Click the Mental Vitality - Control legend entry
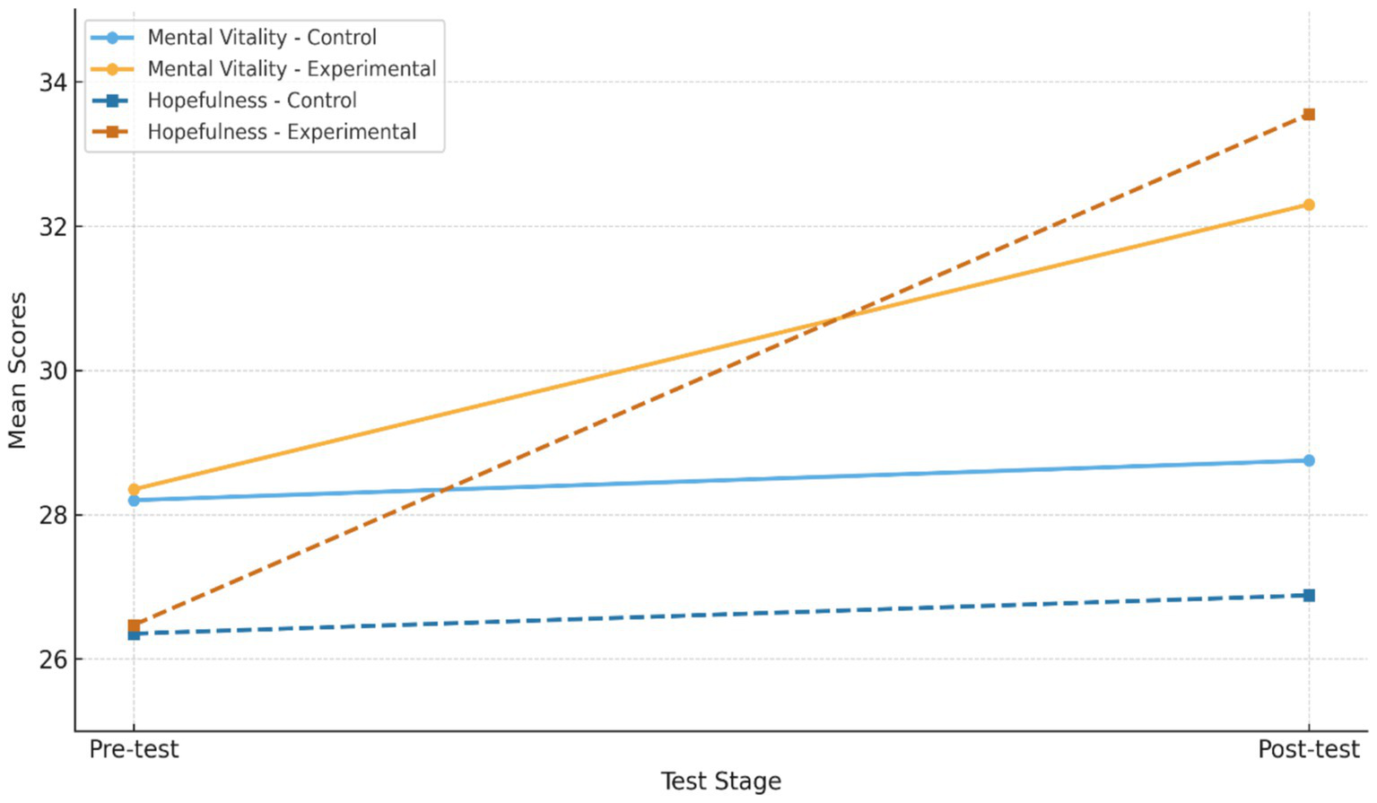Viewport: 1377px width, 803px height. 261,38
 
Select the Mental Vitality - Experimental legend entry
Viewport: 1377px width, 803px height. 291,69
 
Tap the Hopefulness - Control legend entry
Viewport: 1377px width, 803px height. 251,100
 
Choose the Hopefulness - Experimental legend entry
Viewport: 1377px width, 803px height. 281,132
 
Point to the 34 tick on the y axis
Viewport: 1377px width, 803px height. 53,83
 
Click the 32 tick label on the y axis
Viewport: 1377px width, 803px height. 53,227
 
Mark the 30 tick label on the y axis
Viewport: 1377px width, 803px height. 53,371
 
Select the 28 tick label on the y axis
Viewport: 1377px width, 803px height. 53,516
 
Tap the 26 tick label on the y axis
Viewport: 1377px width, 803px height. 53,659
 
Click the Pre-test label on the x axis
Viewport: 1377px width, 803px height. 134,749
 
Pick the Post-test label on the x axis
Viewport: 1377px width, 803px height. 1308,749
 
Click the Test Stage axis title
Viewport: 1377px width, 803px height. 720,781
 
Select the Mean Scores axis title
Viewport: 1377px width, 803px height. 17,370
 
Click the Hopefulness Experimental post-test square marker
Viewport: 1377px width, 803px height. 1309,114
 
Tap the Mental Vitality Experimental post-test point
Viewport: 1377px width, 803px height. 1309,205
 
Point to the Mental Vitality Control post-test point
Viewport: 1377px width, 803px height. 1309,460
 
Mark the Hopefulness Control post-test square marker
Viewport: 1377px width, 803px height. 1309,596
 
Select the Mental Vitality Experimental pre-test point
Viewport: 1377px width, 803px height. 134,490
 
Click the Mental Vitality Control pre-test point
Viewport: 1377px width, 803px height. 134,501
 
